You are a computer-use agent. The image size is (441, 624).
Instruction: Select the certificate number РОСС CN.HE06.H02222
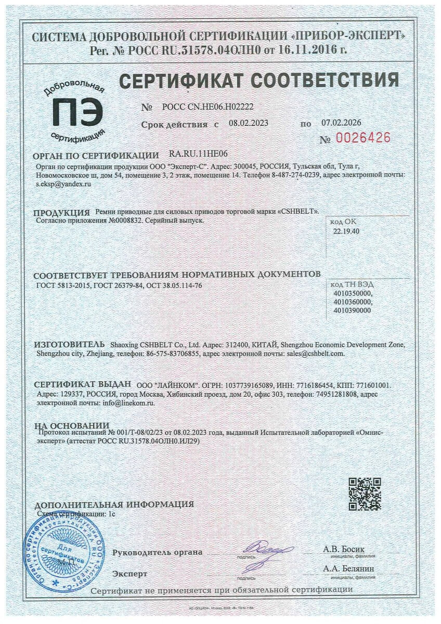click(x=208, y=107)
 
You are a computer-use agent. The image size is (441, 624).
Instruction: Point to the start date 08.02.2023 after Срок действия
click(x=249, y=124)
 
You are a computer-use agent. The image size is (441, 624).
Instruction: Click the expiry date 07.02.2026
click(x=341, y=123)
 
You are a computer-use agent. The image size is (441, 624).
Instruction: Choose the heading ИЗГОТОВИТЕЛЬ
click(x=69, y=345)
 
